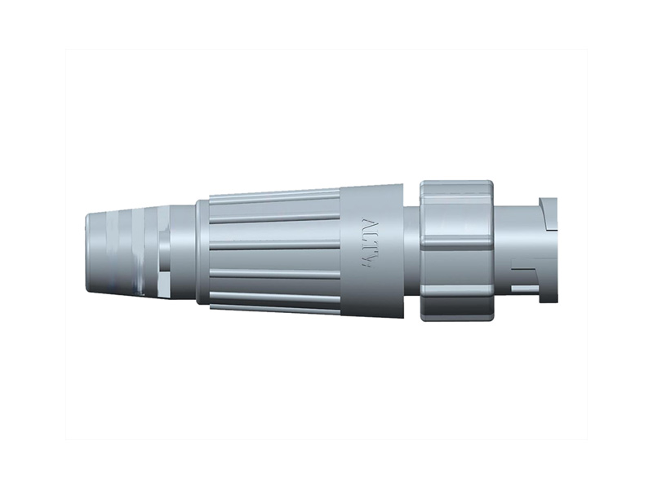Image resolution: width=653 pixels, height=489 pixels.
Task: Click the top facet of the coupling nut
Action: (456, 191)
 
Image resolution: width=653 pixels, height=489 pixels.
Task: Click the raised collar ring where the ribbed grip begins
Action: (202, 250)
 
